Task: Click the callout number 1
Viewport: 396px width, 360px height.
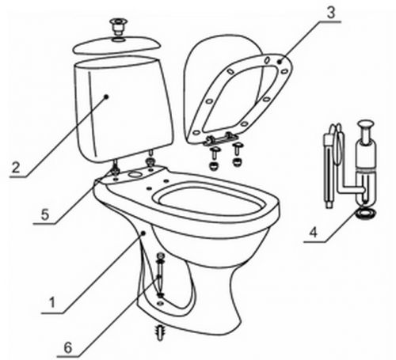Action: tap(52, 302)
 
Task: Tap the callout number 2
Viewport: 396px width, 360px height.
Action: tap(16, 167)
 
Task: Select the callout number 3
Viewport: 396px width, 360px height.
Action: tap(331, 13)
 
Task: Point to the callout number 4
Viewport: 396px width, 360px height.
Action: tap(314, 233)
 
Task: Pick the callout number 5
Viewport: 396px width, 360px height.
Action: tap(45, 214)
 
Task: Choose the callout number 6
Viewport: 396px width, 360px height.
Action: tap(68, 347)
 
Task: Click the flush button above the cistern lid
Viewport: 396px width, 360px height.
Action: tap(119, 26)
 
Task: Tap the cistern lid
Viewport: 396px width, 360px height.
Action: tap(116, 45)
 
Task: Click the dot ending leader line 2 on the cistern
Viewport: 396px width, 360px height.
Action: tap(106, 97)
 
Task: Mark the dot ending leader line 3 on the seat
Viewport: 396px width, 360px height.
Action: tap(280, 62)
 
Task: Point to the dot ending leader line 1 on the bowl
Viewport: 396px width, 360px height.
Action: tap(143, 233)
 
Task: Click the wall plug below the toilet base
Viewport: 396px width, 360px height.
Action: tap(160, 332)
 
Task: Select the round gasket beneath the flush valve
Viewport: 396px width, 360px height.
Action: tap(366, 213)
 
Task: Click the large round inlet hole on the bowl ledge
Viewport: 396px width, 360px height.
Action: tap(136, 174)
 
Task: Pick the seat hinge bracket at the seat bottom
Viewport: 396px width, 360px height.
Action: tap(220, 138)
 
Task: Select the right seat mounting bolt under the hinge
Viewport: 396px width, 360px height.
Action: tap(237, 155)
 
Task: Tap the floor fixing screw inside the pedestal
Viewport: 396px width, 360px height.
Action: tap(160, 275)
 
